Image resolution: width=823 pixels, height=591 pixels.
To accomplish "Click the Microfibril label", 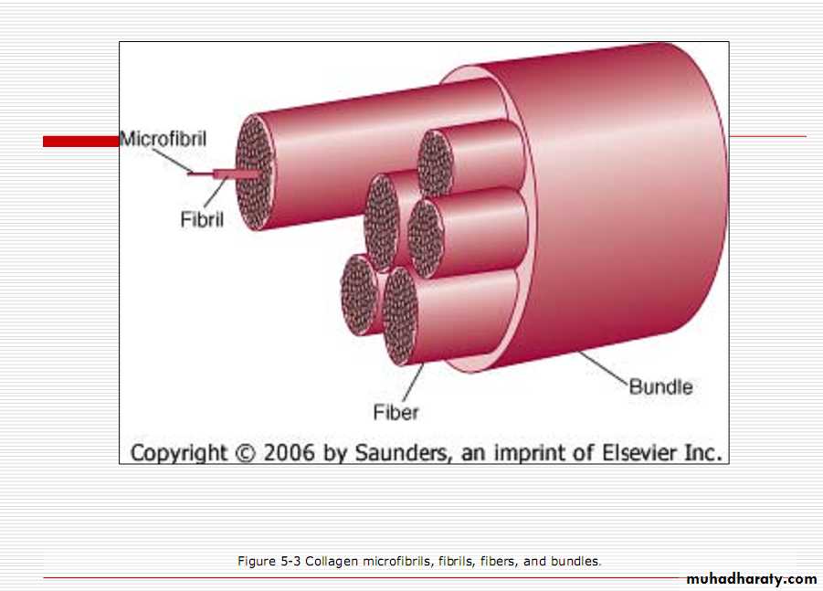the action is (x=164, y=139).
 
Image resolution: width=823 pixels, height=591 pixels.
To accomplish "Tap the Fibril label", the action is (x=202, y=219).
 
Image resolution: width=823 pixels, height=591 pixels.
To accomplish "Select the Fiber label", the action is (x=396, y=412).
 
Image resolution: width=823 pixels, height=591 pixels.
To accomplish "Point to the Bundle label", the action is (x=660, y=386).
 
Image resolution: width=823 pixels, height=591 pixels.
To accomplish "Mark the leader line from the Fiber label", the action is (x=413, y=383).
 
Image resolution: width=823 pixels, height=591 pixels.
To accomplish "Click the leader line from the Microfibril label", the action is (x=172, y=160).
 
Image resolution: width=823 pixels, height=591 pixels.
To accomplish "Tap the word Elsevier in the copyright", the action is (x=638, y=452).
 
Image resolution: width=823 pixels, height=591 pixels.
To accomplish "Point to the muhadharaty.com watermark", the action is (x=752, y=579).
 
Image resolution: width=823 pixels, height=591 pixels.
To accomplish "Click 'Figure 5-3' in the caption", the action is (x=269, y=561).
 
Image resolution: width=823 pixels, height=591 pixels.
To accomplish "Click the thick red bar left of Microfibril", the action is (x=81, y=142).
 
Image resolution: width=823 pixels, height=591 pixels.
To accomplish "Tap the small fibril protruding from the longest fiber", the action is (x=237, y=174).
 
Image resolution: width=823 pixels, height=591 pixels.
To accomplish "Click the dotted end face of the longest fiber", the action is (x=255, y=172).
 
